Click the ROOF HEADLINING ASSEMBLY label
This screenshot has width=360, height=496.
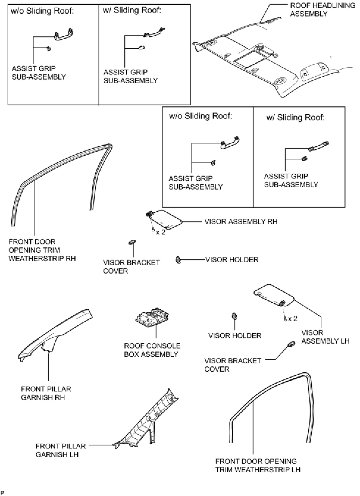[x=323, y=10]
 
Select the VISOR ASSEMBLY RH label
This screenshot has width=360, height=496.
[x=241, y=222]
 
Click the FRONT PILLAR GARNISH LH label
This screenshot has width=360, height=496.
[x=57, y=450]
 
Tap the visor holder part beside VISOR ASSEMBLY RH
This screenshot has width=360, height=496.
[x=178, y=260]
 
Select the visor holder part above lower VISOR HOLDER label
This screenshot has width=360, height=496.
[x=235, y=316]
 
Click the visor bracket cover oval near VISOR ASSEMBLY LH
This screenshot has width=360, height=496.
[x=291, y=344]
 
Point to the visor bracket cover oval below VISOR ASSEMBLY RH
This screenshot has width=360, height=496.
[x=132, y=242]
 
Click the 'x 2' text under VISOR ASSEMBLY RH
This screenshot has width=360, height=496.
[x=160, y=232]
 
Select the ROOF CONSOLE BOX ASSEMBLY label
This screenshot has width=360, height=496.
[x=152, y=350]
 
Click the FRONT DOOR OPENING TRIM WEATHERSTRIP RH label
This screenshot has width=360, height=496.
[x=42, y=250]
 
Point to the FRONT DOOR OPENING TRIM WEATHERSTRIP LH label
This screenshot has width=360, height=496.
[x=258, y=465]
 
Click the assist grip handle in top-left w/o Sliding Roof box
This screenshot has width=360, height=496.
[x=64, y=34]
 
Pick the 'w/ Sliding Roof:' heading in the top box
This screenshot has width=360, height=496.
[x=132, y=10]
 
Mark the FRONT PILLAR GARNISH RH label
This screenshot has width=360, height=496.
[x=46, y=393]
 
